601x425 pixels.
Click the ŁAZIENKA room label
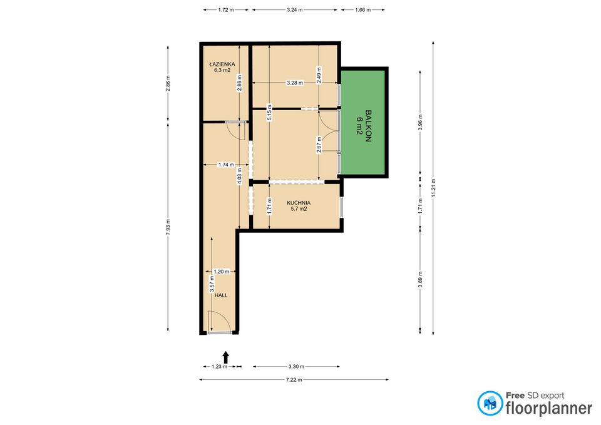pyautogui.click(x=222, y=64)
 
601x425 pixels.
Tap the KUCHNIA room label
pyautogui.click(x=299, y=203)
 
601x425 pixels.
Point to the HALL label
pyautogui.click(x=221, y=295)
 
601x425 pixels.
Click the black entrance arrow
pyautogui.click(x=226, y=357)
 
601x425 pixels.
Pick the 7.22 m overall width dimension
pyautogui.click(x=294, y=380)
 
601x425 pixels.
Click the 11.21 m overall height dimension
pyautogui.click(x=433, y=188)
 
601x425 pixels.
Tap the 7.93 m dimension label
pyautogui.click(x=168, y=227)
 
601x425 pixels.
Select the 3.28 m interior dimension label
pyautogui.click(x=295, y=83)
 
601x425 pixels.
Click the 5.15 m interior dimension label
pyautogui.click(x=269, y=113)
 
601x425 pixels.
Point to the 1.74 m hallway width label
pyautogui.click(x=226, y=165)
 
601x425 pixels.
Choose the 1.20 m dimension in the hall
pyautogui.click(x=221, y=272)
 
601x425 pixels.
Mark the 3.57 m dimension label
pyautogui.click(x=212, y=284)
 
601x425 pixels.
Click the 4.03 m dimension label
pyautogui.click(x=240, y=177)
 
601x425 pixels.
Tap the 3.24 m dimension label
pyautogui.click(x=295, y=10)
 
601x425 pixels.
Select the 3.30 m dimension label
pyautogui.click(x=296, y=367)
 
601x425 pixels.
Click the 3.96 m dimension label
pyautogui.click(x=420, y=122)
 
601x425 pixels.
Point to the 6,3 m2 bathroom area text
pyautogui.click(x=222, y=71)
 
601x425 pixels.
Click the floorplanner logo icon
pyautogui.click(x=490, y=404)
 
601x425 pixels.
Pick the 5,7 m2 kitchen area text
pyautogui.click(x=299, y=209)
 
